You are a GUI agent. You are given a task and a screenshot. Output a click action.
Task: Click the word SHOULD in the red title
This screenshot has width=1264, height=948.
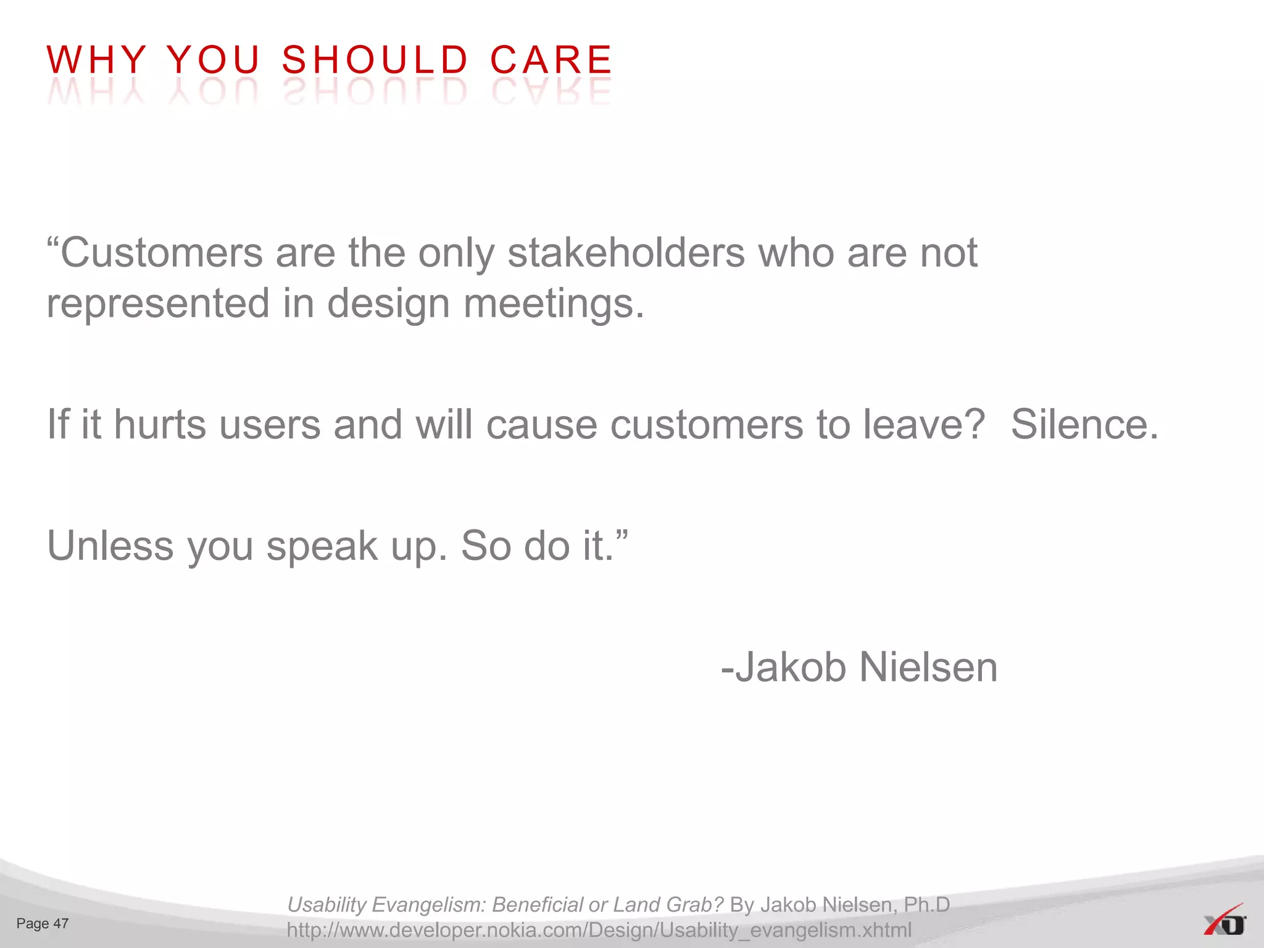click(x=375, y=60)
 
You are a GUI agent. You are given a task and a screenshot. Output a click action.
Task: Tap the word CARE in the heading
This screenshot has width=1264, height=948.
click(x=551, y=60)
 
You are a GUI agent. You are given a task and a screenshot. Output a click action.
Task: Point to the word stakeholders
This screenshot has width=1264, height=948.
click(x=626, y=253)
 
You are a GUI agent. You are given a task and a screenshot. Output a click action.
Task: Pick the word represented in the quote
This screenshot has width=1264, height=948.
click(x=158, y=304)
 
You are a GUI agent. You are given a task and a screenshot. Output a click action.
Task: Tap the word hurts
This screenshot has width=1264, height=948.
click(x=160, y=425)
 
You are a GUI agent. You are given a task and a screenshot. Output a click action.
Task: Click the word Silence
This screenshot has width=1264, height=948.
click(x=1084, y=425)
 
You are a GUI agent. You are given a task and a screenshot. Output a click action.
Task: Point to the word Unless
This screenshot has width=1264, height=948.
click(x=110, y=546)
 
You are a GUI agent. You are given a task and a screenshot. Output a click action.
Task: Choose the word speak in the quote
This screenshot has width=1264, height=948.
click(x=322, y=547)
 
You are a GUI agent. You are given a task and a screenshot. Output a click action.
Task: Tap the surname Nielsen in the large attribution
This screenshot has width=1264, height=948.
click(x=928, y=667)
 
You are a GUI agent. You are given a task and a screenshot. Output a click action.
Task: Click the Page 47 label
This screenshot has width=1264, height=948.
click(x=43, y=923)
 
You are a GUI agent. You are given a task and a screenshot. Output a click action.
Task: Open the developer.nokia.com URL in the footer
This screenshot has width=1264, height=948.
click(x=599, y=929)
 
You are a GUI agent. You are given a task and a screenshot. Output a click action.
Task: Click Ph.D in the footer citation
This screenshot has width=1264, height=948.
click(x=927, y=904)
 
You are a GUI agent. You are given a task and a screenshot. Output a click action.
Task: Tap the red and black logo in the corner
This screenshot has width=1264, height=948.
click(x=1224, y=921)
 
